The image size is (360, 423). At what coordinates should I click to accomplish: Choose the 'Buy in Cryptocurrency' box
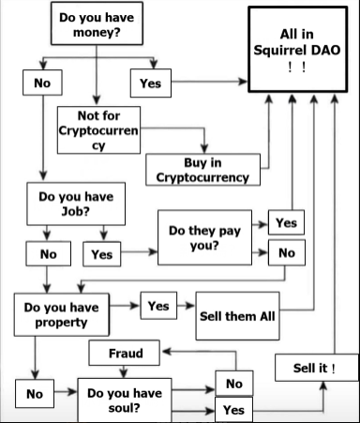coord(202,169)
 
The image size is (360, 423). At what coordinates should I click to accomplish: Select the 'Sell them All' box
coord(237,314)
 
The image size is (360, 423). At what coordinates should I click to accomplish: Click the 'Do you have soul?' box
coord(126,400)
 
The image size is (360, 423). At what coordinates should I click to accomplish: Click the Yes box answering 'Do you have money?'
coord(150,83)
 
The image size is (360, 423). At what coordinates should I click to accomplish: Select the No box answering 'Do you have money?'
coord(42,83)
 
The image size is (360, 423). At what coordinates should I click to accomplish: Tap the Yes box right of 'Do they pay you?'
coord(286,222)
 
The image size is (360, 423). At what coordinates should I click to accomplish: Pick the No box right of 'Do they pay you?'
coord(286,252)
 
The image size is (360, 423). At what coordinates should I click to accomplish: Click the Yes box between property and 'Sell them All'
coord(158,306)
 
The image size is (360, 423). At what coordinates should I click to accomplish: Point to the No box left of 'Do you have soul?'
coord(34,394)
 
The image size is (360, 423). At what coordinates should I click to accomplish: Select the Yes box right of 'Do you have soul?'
coord(233,410)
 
